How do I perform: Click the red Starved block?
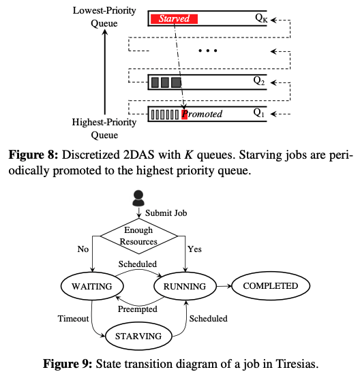pyautogui.click(x=174, y=19)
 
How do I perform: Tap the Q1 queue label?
pyautogui.click(x=259, y=113)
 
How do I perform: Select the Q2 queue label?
pyautogui.click(x=259, y=81)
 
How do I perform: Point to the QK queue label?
pyautogui.click(x=261, y=18)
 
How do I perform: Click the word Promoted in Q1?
pyautogui.click(x=202, y=114)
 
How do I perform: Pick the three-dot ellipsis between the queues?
pyautogui.click(x=208, y=50)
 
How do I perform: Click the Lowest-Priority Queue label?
pyautogui.click(x=104, y=17)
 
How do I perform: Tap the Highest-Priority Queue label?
pyautogui.click(x=104, y=129)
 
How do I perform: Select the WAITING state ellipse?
pyautogui.click(x=92, y=286)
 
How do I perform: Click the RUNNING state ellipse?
pyautogui.click(x=185, y=286)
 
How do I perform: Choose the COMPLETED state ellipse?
pyautogui.click(x=271, y=285)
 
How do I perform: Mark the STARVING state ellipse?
pyautogui.click(x=138, y=337)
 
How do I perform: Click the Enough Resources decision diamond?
pyautogui.click(x=138, y=236)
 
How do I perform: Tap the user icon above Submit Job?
pyautogui.click(x=138, y=198)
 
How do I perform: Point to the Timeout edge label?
pyautogui.click(x=73, y=319)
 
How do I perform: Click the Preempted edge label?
pyautogui.click(x=138, y=309)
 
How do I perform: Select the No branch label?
pyautogui.click(x=83, y=249)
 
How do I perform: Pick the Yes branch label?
pyautogui.click(x=194, y=249)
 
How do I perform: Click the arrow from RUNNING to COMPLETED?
pyautogui.click(x=224, y=286)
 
